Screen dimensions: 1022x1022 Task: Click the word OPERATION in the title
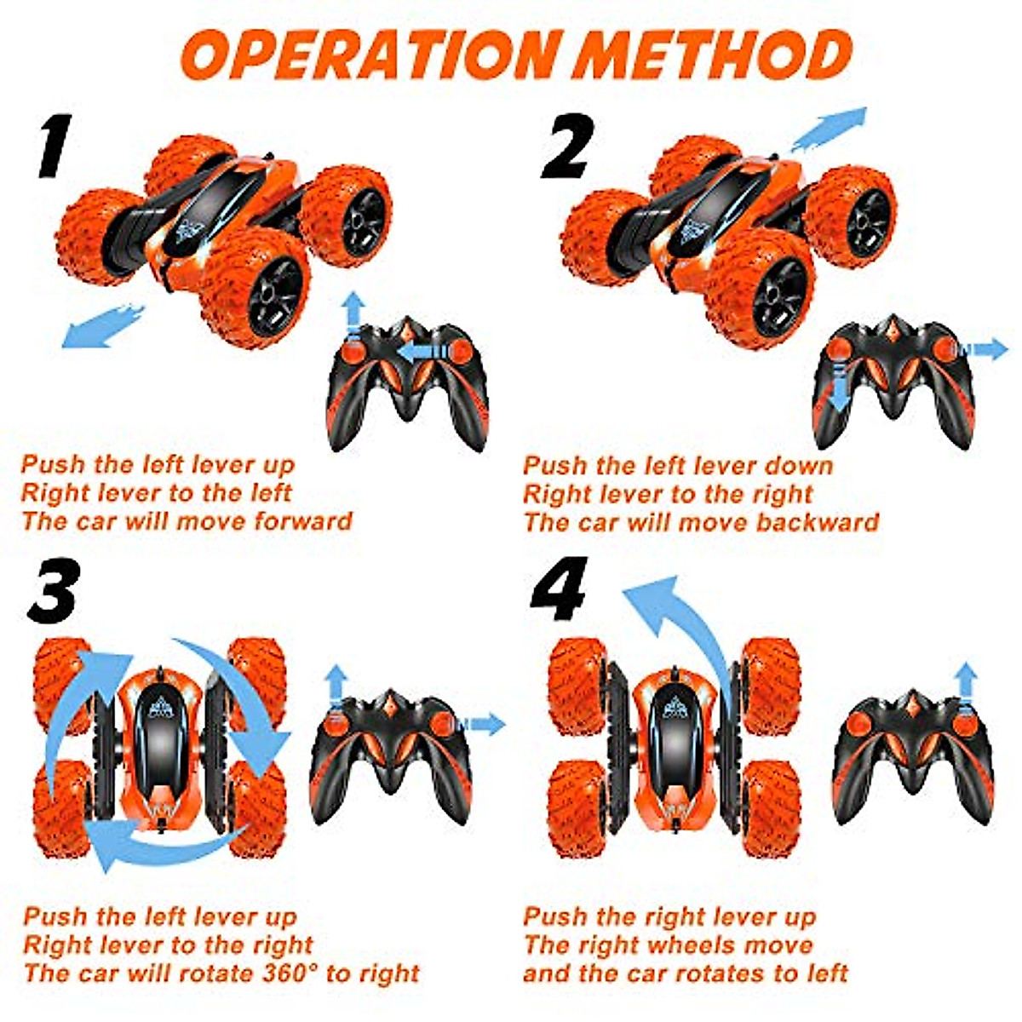coord(370,54)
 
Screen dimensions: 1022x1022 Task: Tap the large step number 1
coord(53,146)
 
